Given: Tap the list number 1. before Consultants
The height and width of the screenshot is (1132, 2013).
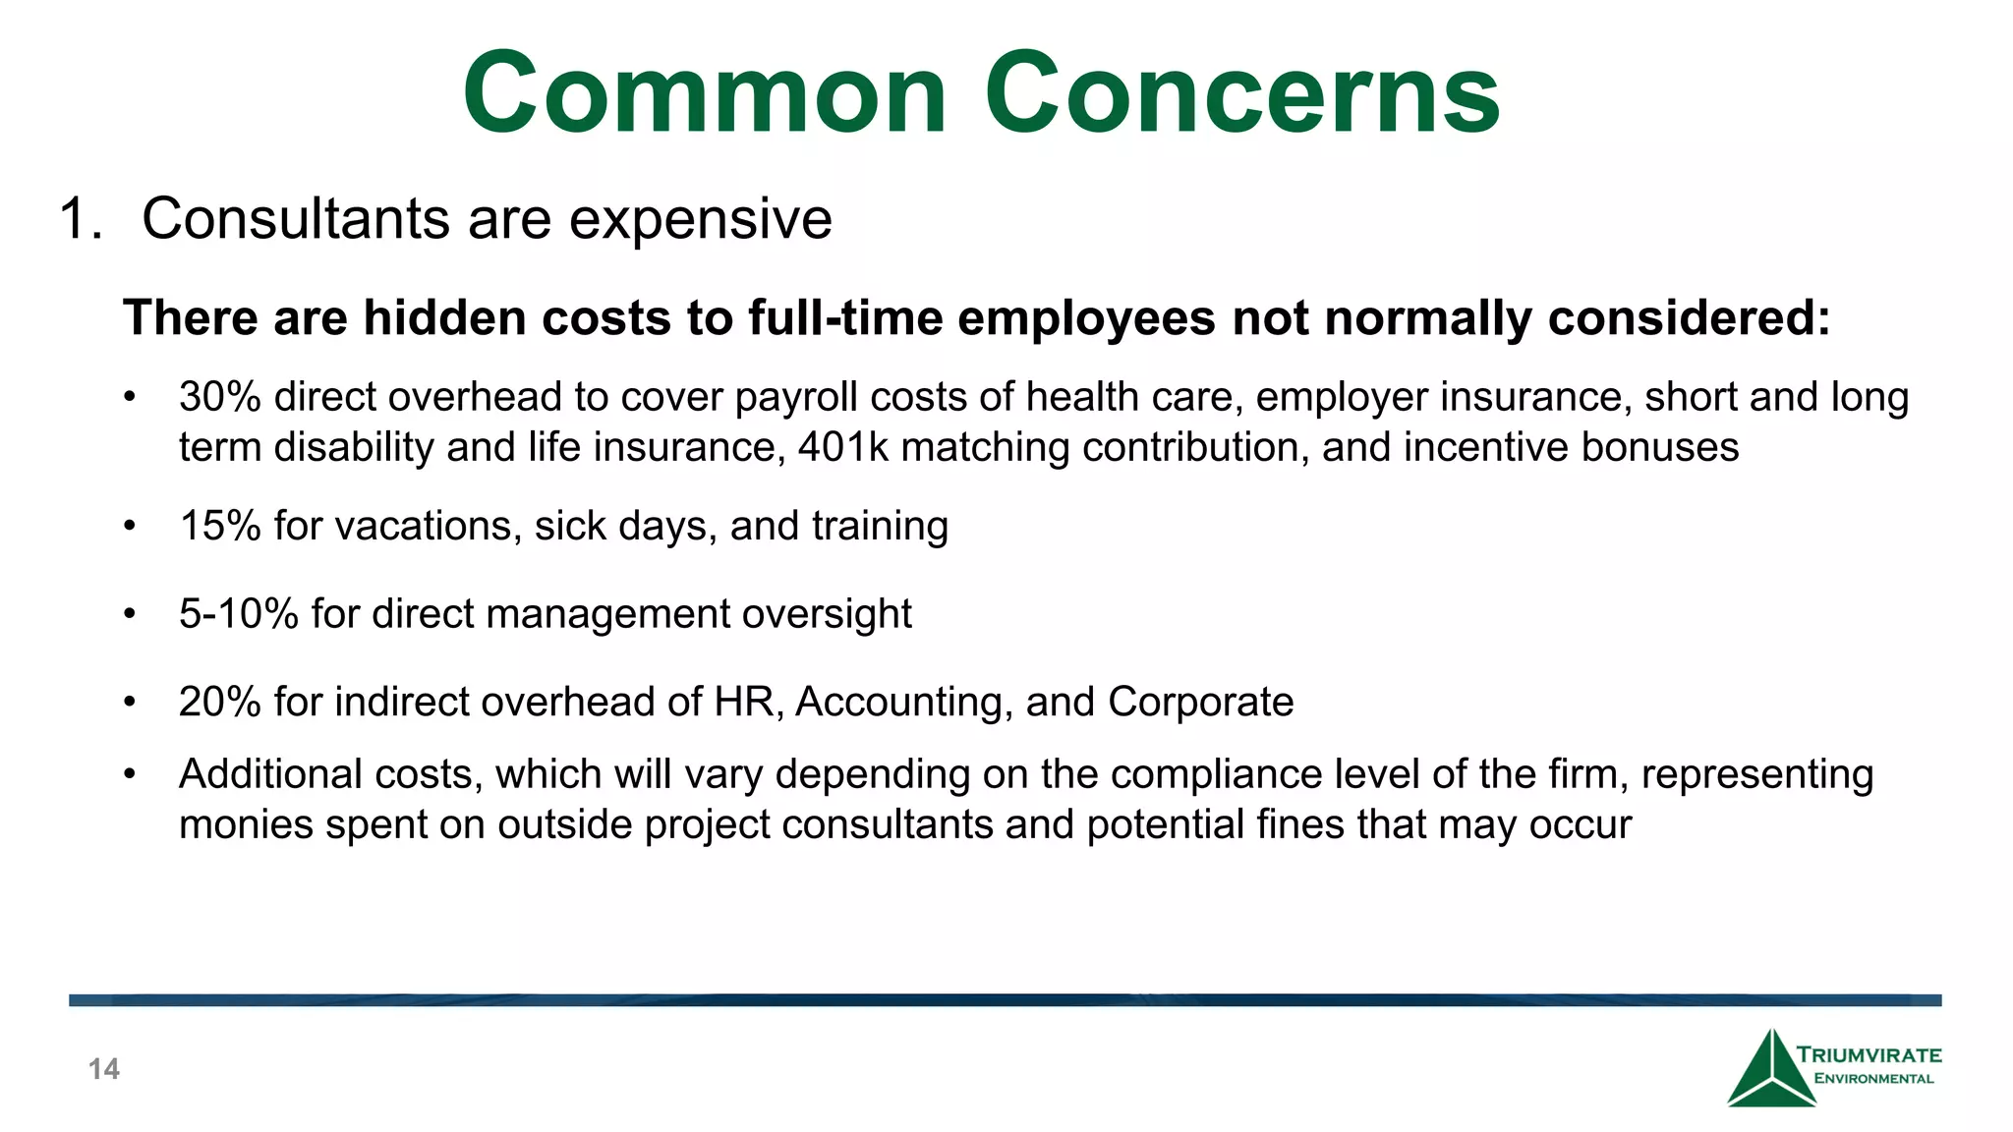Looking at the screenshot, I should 80,218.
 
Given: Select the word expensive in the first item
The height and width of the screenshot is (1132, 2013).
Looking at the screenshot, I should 701,220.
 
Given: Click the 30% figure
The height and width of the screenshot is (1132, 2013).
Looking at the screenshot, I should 219,397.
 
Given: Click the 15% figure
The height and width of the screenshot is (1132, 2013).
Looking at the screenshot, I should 219,526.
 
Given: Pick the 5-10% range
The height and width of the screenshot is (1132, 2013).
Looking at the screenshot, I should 238,614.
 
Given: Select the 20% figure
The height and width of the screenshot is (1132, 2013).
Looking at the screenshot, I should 219,703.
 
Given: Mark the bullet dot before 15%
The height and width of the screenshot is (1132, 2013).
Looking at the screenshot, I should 129,527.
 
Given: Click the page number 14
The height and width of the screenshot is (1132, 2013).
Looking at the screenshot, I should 104,1069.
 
